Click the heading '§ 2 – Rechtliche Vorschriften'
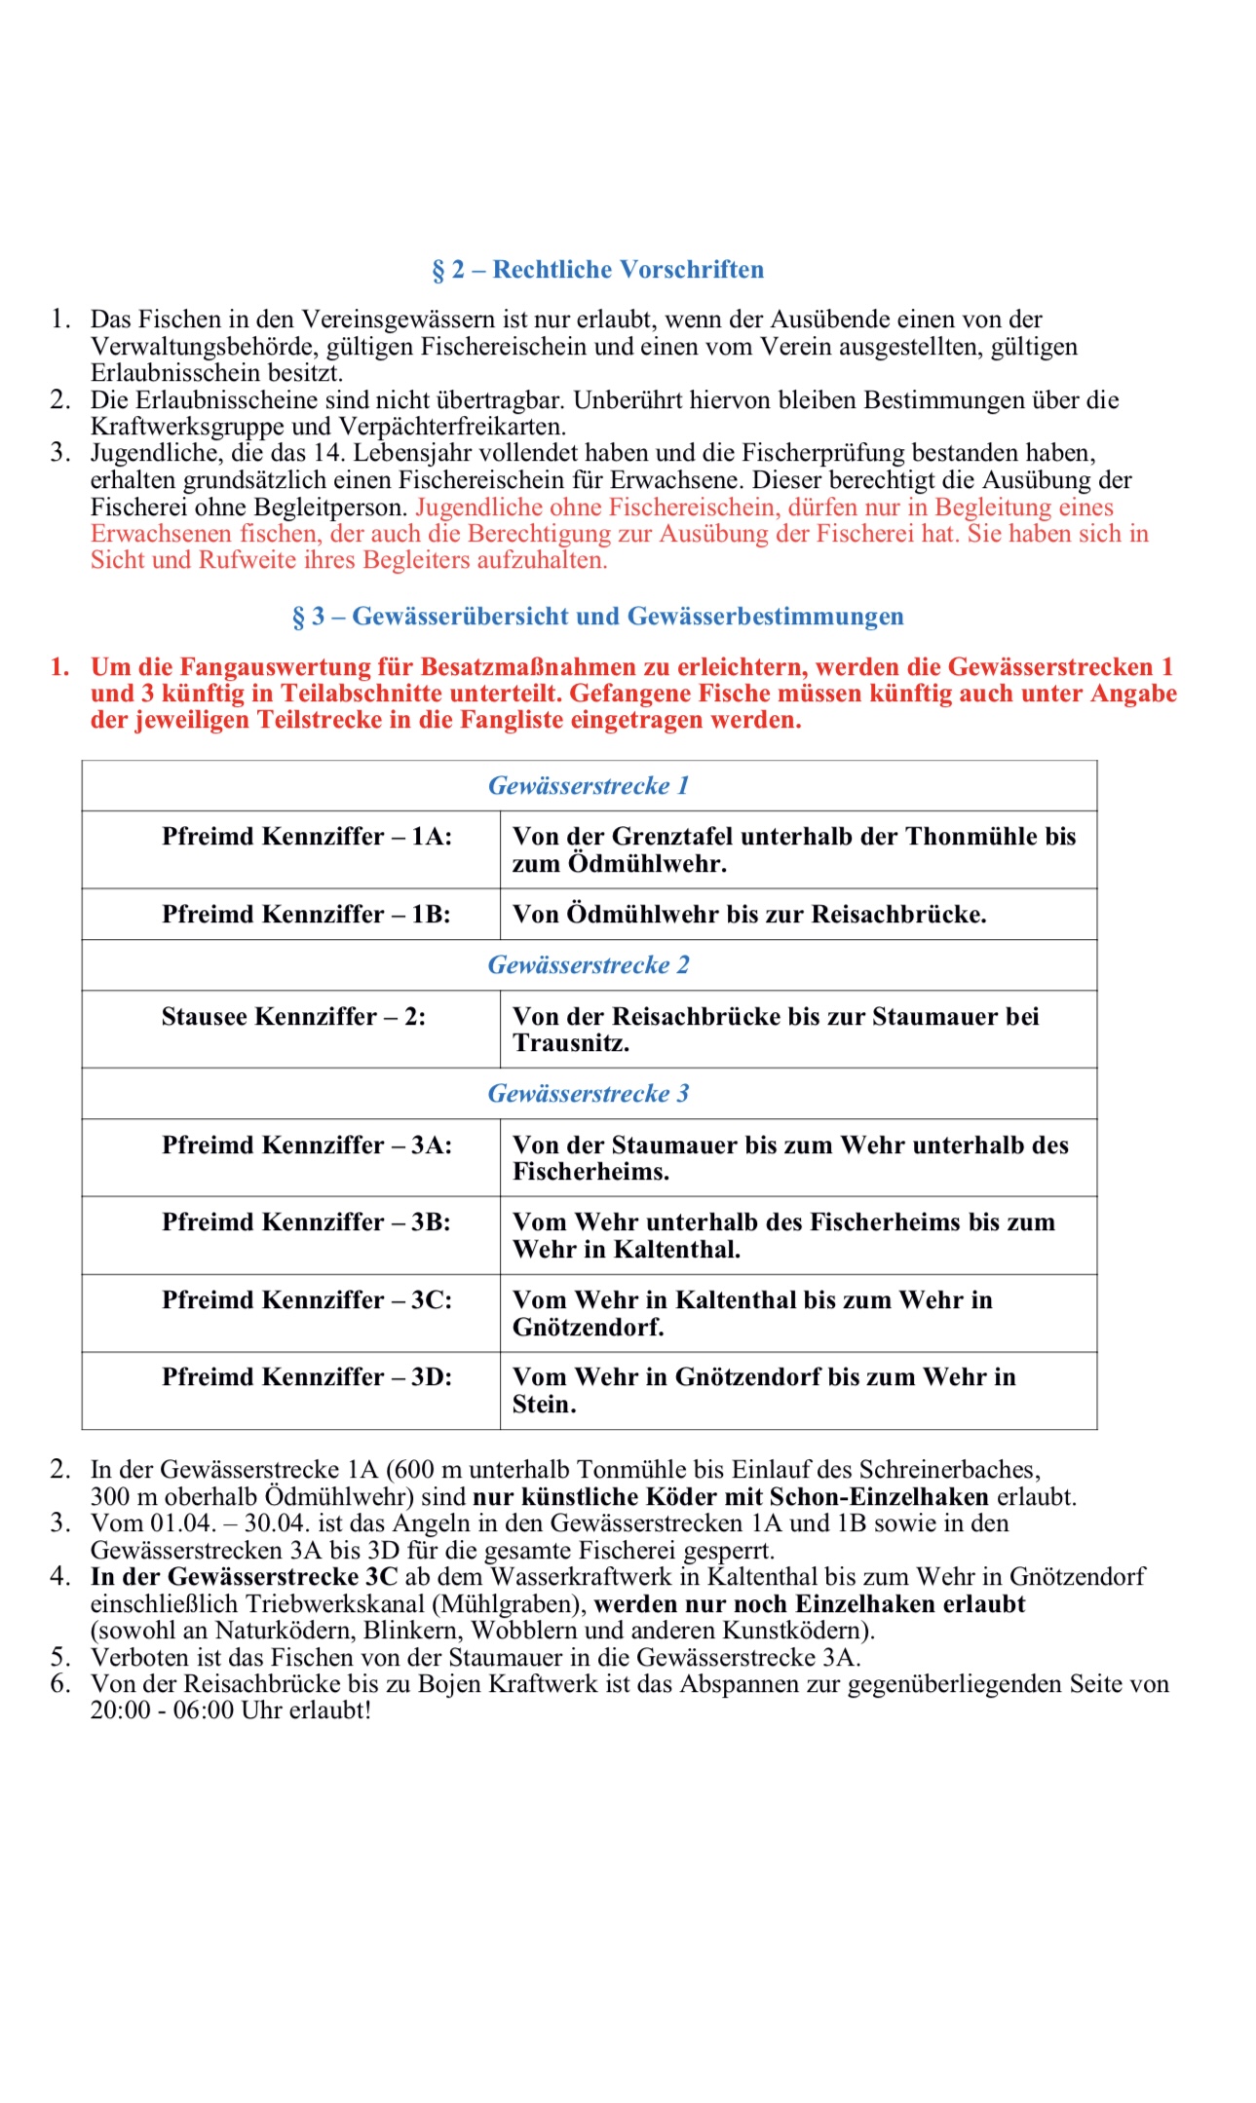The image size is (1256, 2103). pyautogui.click(x=597, y=270)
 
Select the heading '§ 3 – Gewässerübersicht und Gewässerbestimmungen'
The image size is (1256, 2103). pyautogui.click(x=597, y=617)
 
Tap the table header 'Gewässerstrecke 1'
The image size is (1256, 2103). pyautogui.click(x=589, y=786)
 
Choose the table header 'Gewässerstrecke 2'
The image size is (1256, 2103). pyautogui.click(x=589, y=965)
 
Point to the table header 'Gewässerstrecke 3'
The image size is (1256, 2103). pyautogui.click(x=589, y=1094)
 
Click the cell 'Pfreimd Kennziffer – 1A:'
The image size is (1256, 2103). pyautogui.click(x=307, y=837)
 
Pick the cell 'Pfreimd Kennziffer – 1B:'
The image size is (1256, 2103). pyautogui.click(x=306, y=915)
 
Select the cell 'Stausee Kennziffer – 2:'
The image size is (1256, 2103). pyautogui.click(x=293, y=1017)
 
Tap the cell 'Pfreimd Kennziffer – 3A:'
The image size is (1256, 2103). pyautogui.click(x=307, y=1145)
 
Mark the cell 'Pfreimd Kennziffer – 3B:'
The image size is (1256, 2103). pyautogui.click(x=306, y=1222)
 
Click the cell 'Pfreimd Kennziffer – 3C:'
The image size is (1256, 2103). pyautogui.click(x=307, y=1300)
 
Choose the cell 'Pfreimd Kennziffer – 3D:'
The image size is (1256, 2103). pyautogui.click(x=307, y=1377)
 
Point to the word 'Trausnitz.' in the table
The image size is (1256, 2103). pyautogui.click(x=571, y=1043)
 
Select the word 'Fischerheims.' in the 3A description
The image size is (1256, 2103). pyautogui.click(x=591, y=1172)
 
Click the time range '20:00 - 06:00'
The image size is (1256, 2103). pyautogui.click(x=162, y=1710)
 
